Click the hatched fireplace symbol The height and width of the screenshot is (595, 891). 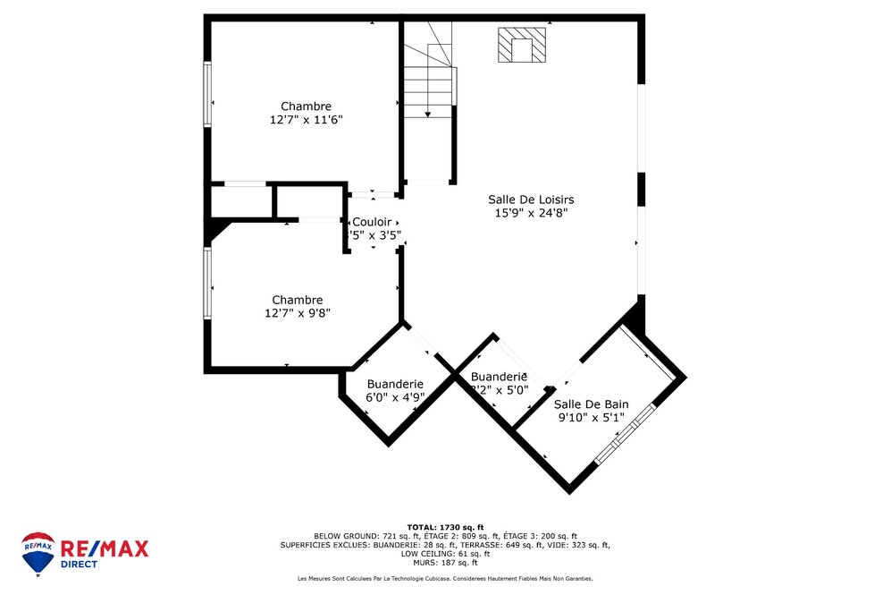coord(521,46)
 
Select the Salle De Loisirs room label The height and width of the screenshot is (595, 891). coord(531,200)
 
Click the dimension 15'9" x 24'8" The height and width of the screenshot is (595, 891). coord(531,213)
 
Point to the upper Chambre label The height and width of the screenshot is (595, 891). coord(306,106)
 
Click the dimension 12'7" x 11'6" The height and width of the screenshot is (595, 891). coord(306,120)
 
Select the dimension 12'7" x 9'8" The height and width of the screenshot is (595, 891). coord(297,313)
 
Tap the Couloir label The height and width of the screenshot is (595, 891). coord(371,222)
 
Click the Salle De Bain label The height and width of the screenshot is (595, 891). coord(591,404)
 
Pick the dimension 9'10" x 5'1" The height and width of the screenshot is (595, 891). coord(591,418)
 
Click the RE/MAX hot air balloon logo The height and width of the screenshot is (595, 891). coord(38,553)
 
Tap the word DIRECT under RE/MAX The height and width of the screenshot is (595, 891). coord(80,565)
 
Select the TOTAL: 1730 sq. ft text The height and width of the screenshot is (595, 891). coord(444,526)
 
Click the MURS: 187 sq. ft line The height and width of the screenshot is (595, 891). coord(444,562)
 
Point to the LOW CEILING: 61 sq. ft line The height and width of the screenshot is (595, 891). coord(444,553)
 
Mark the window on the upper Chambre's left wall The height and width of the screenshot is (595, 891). coord(207,94)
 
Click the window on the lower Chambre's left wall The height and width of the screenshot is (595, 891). coord(207,283)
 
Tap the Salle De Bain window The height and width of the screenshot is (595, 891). coord(626,434)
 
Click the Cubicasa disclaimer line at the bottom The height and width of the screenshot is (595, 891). coord(444,579)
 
